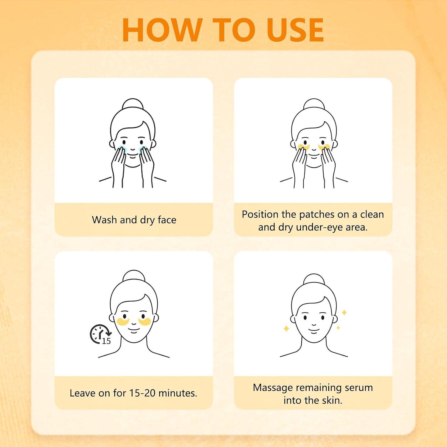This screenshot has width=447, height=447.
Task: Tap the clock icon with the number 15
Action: (100, 334)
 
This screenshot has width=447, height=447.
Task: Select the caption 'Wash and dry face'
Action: (134, 220)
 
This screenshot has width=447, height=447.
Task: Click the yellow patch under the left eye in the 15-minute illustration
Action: (123, 322)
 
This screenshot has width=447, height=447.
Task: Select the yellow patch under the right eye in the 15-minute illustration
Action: (145, 322)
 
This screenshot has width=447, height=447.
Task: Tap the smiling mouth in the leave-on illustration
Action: (134, 330)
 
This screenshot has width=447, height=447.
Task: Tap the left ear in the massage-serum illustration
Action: (293, 320)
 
